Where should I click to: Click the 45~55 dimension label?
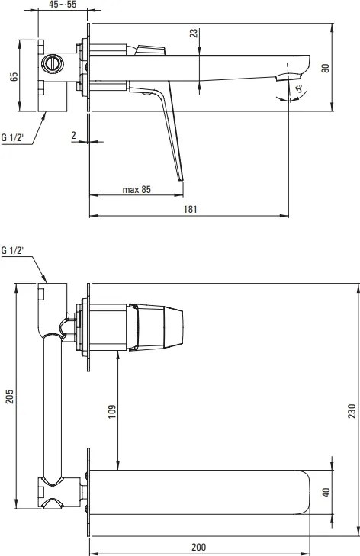(63, 5)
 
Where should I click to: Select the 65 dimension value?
(14, 76)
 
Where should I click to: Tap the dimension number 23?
(194, 34)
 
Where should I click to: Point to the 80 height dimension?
(325, 68)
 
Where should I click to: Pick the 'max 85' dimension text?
(137, 189)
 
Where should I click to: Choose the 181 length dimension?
(190, 209)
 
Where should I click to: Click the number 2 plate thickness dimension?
(74, 135)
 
